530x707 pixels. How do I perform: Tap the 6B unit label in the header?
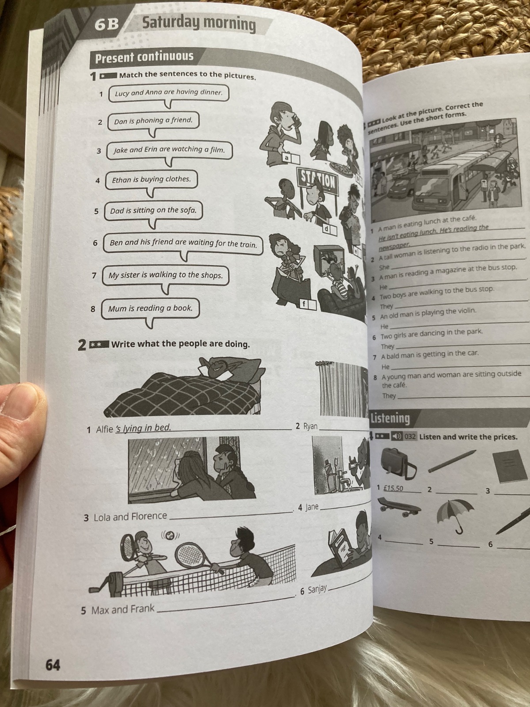(x=107, y=25)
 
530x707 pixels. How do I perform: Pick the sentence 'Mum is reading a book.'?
(x=150, y=308)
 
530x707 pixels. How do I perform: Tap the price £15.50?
(x=394, y=488)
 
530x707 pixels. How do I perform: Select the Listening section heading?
(x=390, y=418)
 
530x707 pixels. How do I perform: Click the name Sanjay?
(x=317, y=590)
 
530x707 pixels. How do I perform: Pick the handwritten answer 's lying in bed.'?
(x=143, y=428)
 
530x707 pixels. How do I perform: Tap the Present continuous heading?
(x=144, y=57)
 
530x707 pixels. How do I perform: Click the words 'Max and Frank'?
(x=123, y=609)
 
